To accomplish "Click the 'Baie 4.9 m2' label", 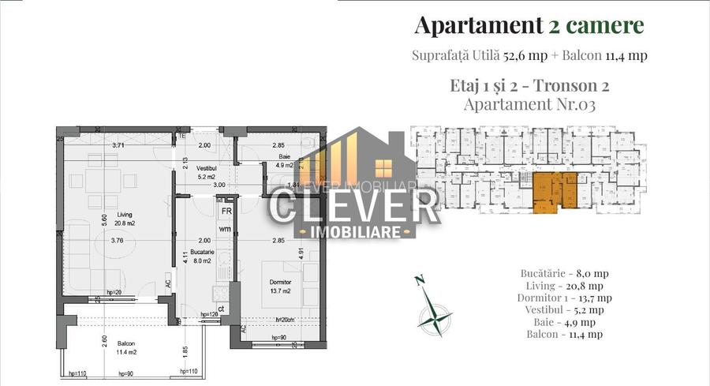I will tap(284, 162).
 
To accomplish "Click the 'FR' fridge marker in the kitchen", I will tap(226, 212).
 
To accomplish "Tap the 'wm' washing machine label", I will tap(225, 229).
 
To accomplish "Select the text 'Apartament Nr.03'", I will tap(529, 103).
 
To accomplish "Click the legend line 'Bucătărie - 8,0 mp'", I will tap(564, 273).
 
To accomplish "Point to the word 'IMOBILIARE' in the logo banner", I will tap(355, 230).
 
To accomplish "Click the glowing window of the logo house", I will tap(386, 168).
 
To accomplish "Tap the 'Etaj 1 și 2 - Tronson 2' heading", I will tap(529, 84).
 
